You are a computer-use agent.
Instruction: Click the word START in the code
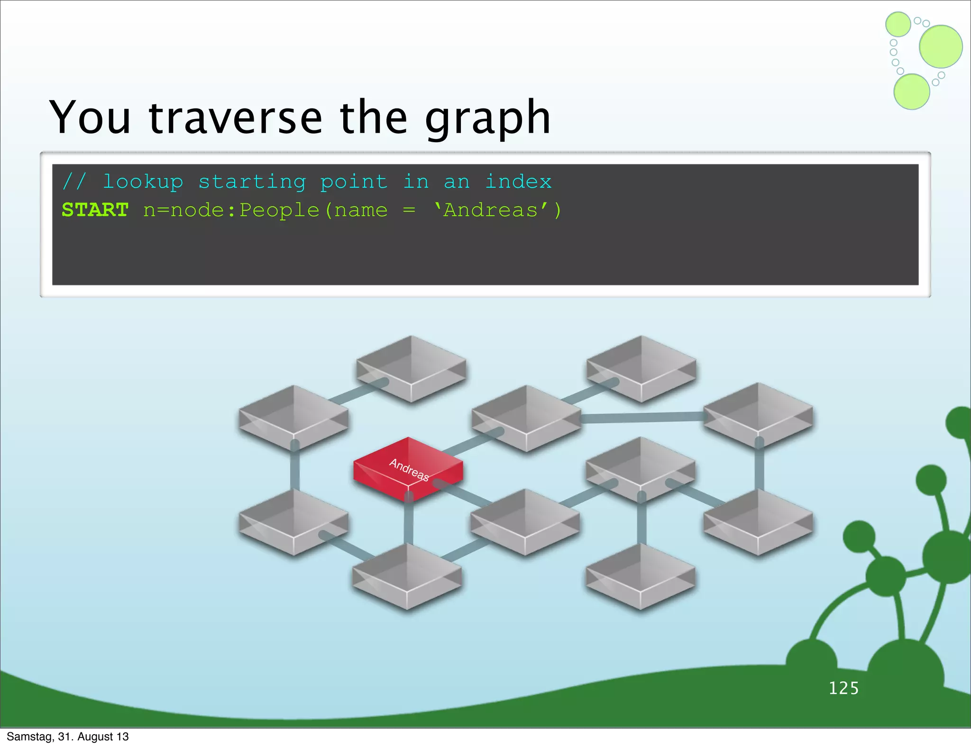pyautogui.click(x=95, y=210)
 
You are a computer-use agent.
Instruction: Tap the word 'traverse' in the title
pyautogui.click(x=235, y=117)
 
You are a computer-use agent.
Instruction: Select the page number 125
pyautogui.click(x=843, y=688)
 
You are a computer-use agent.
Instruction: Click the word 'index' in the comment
pyautogui.click(x=518, y=182)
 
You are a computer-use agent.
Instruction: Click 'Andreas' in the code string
pyautogui.click(x=491, y=210)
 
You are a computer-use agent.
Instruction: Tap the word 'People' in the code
pyautogui.click(x=279, y=210)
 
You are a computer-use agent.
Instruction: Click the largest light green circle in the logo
pyautogui.click(x=941, y=46)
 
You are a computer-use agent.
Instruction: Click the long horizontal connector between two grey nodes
pyautogui.click(x=642, y=418)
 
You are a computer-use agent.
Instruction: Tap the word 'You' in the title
pyautogui.click(x=90, y=117)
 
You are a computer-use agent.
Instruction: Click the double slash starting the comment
pyautogui.click(x=74, y=182)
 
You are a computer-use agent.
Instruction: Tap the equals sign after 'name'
pyautogui.click(x=409, y=210)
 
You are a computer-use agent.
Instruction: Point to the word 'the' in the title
pyautogui.click(x=373, y=117)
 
